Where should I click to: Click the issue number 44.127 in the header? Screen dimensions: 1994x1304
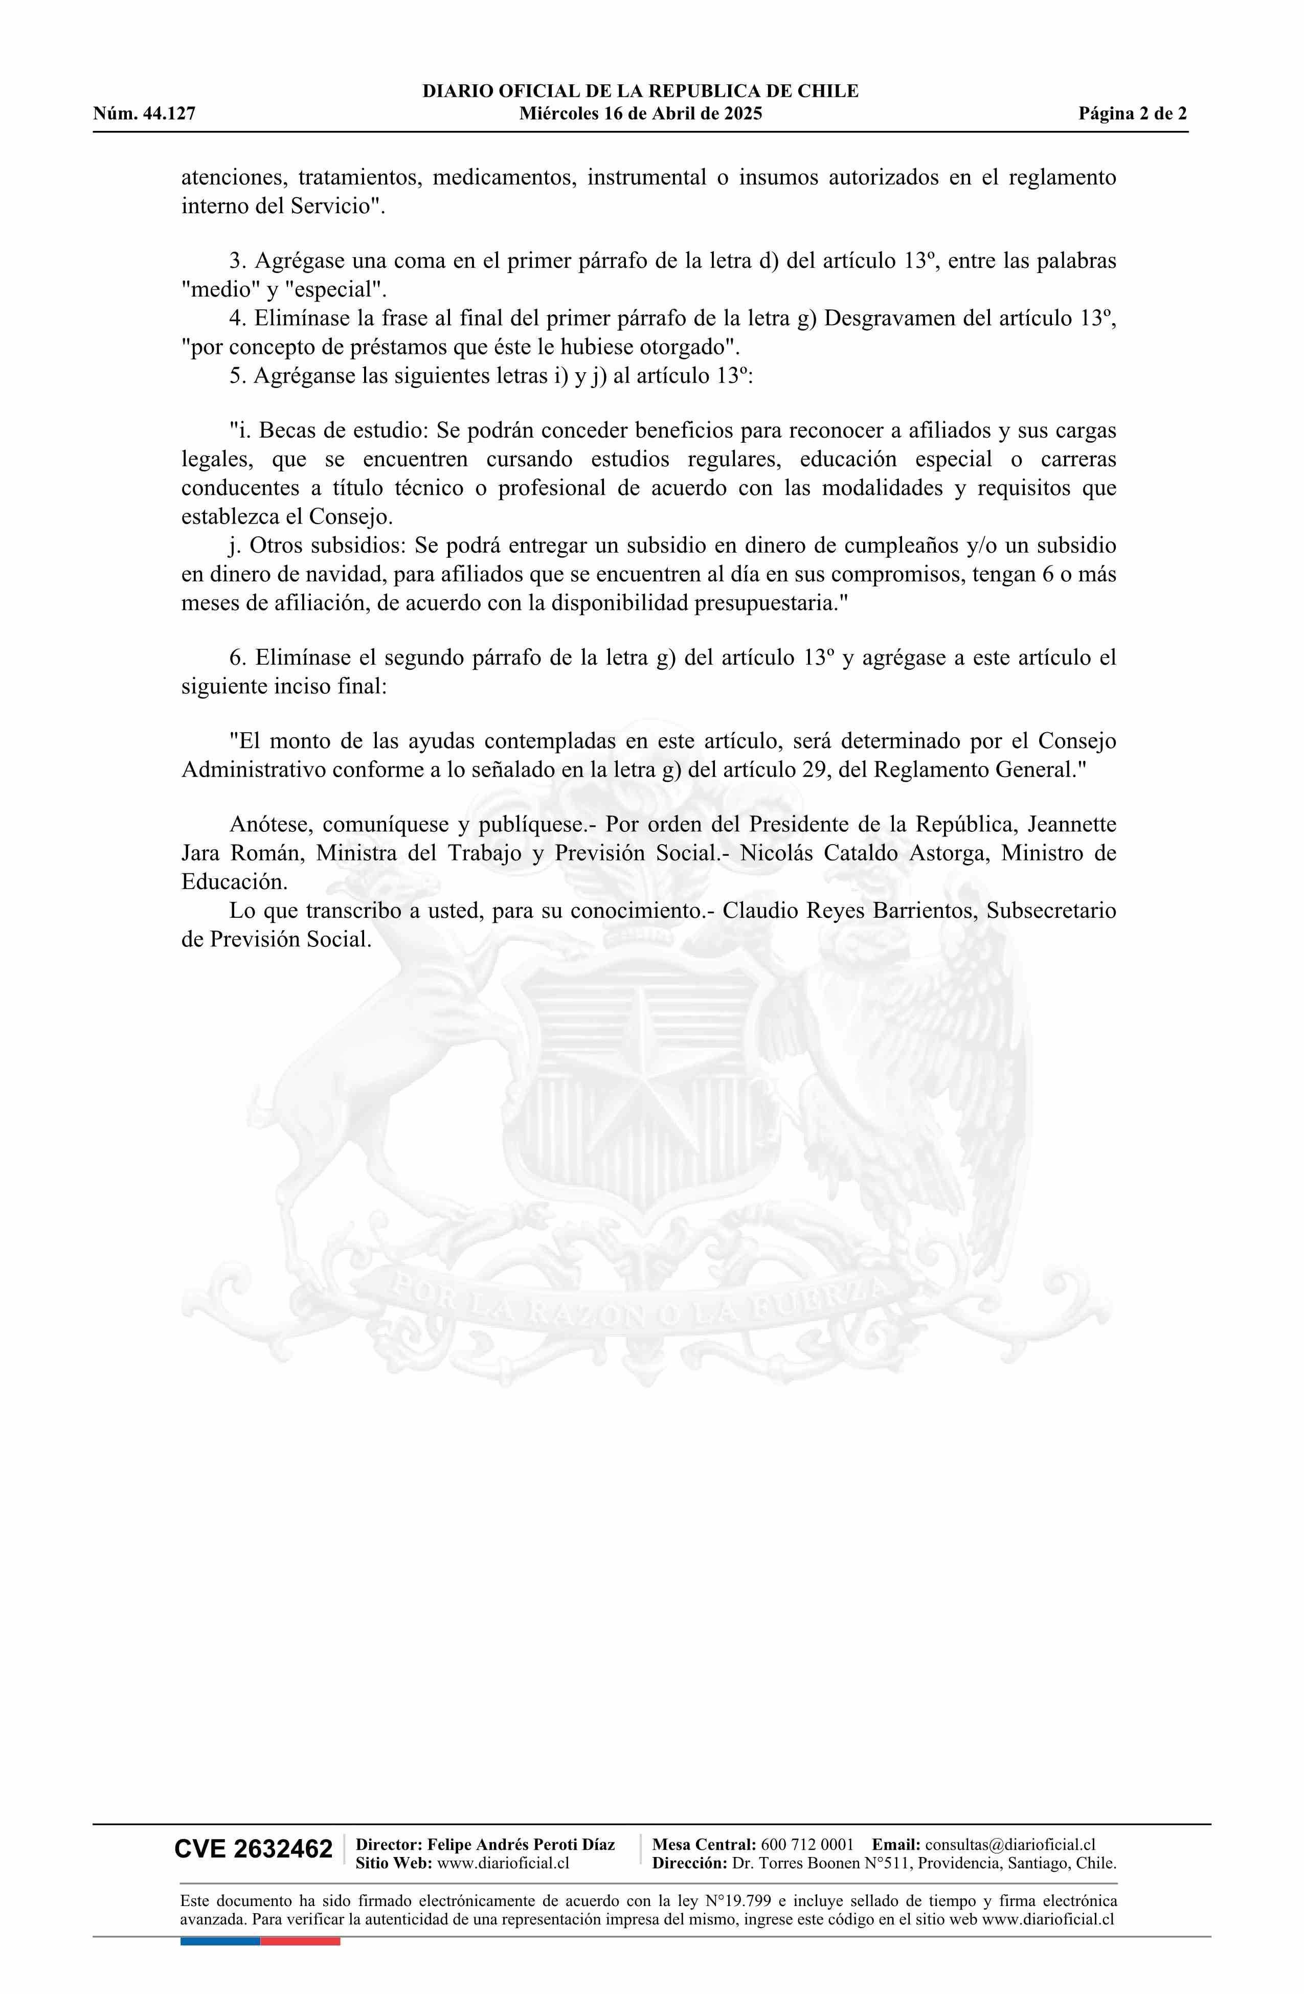coord(168,114)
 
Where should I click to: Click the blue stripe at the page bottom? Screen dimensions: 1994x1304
coord(219,1940)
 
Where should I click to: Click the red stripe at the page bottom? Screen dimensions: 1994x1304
coord(300,1940)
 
